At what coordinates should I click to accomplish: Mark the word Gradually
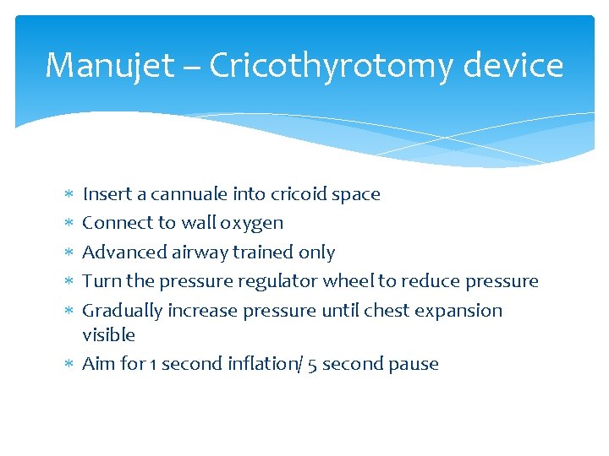(122, 311)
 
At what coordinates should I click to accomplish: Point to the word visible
(108, 335)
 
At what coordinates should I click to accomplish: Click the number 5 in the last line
(313, 364)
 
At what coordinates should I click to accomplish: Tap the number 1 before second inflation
(152, 364)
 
